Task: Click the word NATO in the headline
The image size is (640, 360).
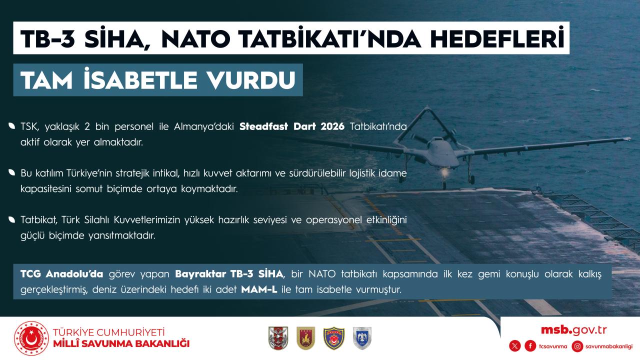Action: click(195, 39)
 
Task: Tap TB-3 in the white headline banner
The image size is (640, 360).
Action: click(47, 39)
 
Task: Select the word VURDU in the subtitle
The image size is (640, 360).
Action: click(251, 80)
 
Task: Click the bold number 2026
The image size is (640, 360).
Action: click(332, 126)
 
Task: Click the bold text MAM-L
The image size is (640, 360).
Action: click(259, 289)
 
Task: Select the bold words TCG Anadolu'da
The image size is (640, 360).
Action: click(61, 274)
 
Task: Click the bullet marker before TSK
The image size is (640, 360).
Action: click(11, 125)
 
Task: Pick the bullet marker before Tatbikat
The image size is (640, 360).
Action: click(11, 219)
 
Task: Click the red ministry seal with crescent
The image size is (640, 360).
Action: click(31, 338)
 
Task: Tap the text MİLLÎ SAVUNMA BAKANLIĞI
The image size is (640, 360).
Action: click(121, 343)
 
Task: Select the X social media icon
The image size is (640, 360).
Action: click(515, 346)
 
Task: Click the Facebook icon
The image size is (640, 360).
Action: click(530, 346)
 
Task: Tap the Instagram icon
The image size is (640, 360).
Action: click(577, 346)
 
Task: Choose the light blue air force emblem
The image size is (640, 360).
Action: click(362, 338)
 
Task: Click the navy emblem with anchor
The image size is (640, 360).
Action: click(334, 338)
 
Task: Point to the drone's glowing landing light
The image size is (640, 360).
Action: click(444, 172)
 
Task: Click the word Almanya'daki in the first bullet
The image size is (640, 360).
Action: click(204, 126)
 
